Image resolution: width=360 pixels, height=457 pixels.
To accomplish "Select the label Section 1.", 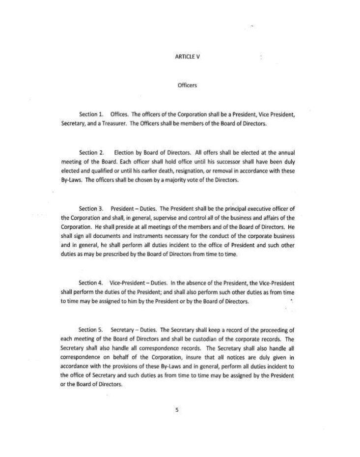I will [x=90, y=114].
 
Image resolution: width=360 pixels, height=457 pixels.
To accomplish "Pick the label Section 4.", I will [x=91, y=283].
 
